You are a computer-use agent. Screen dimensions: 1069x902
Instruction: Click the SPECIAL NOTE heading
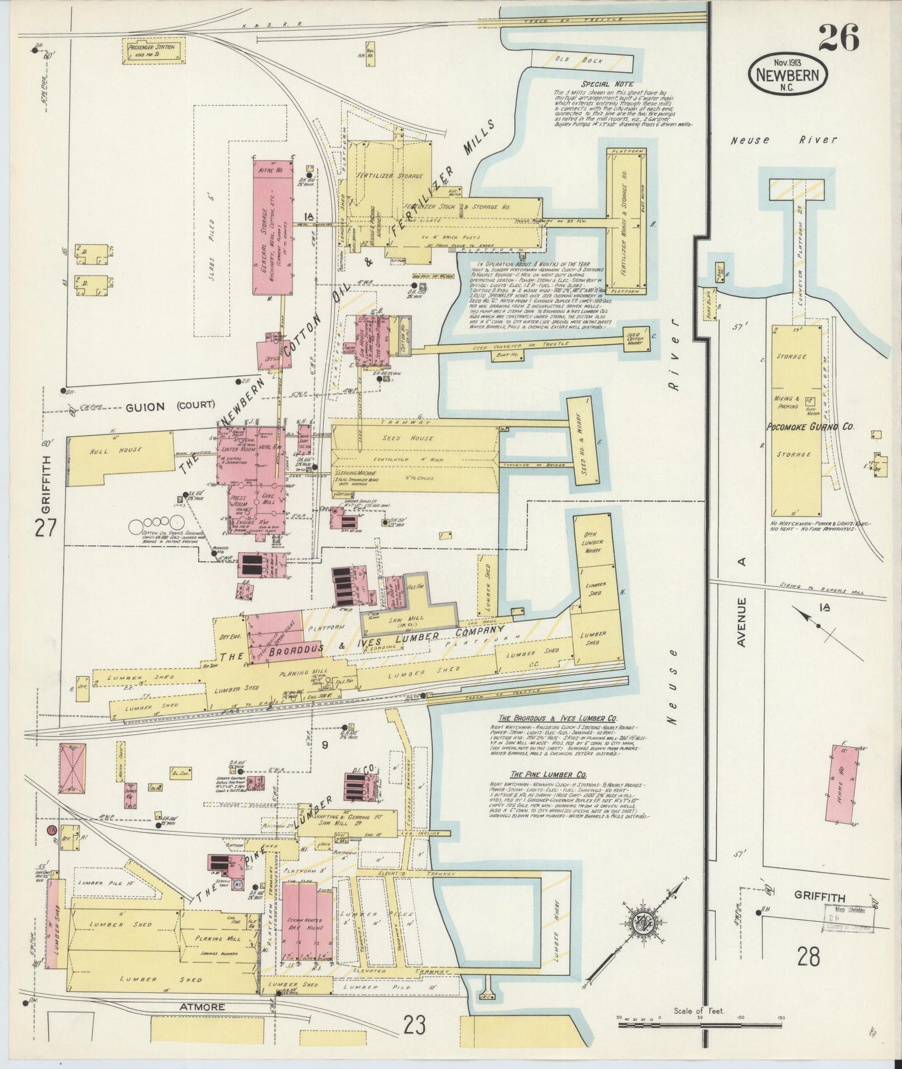tap(607, 84)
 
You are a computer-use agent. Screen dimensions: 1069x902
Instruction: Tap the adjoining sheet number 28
tap(808, 956)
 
